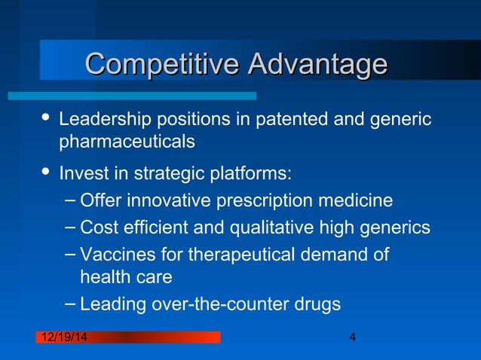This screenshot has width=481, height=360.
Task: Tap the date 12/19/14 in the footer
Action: coord(62,337)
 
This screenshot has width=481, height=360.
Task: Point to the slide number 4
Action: coord(353,337)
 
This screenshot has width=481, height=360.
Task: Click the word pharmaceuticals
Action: coord(127,142)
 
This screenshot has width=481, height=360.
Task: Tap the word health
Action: coord(105,277)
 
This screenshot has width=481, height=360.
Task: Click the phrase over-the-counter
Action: coord(217,305)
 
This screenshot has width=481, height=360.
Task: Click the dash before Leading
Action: coord(69,302)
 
